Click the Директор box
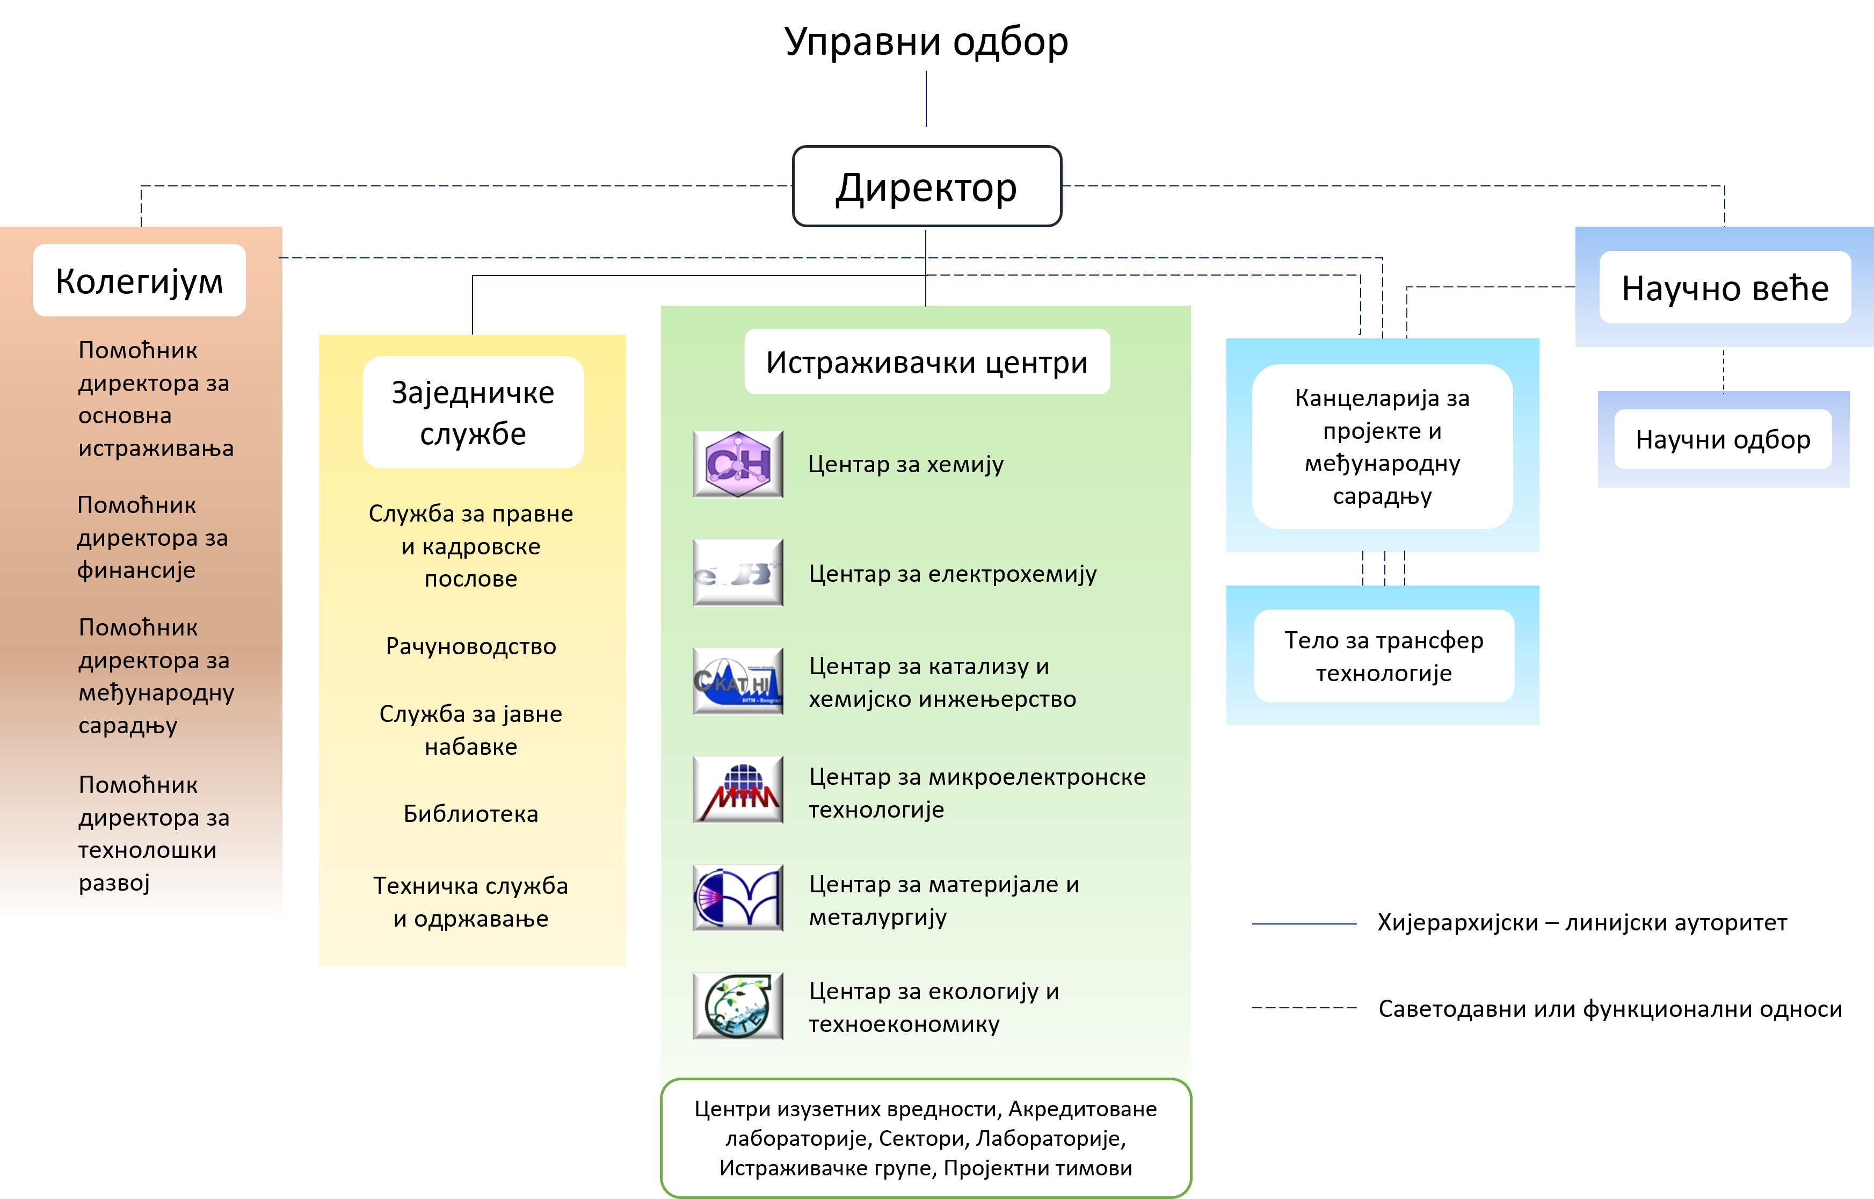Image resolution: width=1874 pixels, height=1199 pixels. pyautogui.click(x=926, y=187)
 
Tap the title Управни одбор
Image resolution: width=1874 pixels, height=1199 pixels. pyautogui.click(x=926, y=42)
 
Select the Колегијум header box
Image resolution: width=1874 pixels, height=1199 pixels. pyautogui.click(x=139, y=280)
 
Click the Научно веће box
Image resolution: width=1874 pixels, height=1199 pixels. pyautogui.click(x=1725, y=287)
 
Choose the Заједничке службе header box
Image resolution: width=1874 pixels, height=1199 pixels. pyautogui.click(x=473, y=413)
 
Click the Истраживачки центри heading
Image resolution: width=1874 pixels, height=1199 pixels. pyautogui.click(x=926, y=362)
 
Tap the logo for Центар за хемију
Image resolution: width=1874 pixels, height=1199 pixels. pyautogui.click(x=738, y=464)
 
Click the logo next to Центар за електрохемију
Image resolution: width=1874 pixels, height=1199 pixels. pyautogui.click(x=738, y=573)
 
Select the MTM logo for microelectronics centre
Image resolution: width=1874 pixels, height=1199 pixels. pyautogui.click(x=738, y=790)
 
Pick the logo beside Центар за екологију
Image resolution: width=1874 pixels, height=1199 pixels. pyautogui.click(x=738, y=1006)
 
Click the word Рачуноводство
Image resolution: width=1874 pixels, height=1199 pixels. pyautogui.click(x=471, y=646)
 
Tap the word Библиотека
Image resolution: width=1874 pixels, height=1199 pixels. pyautogui.click(x=471, y=814)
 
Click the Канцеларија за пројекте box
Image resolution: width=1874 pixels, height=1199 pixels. pyautogui.click(x=1382, y=447)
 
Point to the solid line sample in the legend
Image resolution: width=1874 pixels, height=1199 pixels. pyautogui.click(x=1304, y=923)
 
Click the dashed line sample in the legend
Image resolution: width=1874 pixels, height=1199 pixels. pyautogui.click(x=1304, y=1007)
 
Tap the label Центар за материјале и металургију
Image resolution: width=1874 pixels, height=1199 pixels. pyautogui.click(x=943, y=900)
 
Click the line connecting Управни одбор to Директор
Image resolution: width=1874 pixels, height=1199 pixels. pyautogui.click(x=926, y=99)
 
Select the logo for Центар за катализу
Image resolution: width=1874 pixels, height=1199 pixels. pyautogui.click(x=738, y=681)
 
